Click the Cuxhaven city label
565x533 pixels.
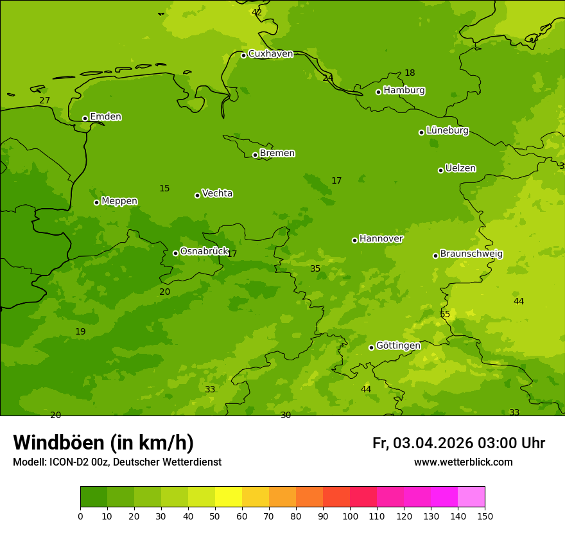(x=270, y=54)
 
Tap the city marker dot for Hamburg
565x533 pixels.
(x=378, y=92)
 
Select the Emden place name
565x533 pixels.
(x=105, y=117)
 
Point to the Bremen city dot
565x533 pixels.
(x=255, y=155)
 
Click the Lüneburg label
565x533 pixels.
(x=447, y=130)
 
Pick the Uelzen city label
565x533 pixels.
(x=460, y=168)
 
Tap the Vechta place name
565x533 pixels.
(x=217, y=193)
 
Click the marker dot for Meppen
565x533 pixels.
(x=96, y=202)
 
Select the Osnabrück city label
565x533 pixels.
(x=204, y=251)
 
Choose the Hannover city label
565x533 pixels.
(x=381, y=239)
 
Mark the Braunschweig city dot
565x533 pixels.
(x=435, y=256)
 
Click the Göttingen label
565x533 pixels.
(x=398, y=345)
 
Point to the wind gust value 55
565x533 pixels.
(x=445, y=314)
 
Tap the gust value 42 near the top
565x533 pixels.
(x=257, y=12)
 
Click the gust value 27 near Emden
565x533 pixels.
(x=44, y=100)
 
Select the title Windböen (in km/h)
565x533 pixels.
(x=103, y=442)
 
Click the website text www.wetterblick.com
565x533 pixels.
(x=463, y=462)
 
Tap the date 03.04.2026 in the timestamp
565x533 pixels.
(x=433, y=443)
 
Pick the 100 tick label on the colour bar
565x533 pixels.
(x=350, y=516)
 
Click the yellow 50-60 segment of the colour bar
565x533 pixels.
(x=229, y=497)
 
